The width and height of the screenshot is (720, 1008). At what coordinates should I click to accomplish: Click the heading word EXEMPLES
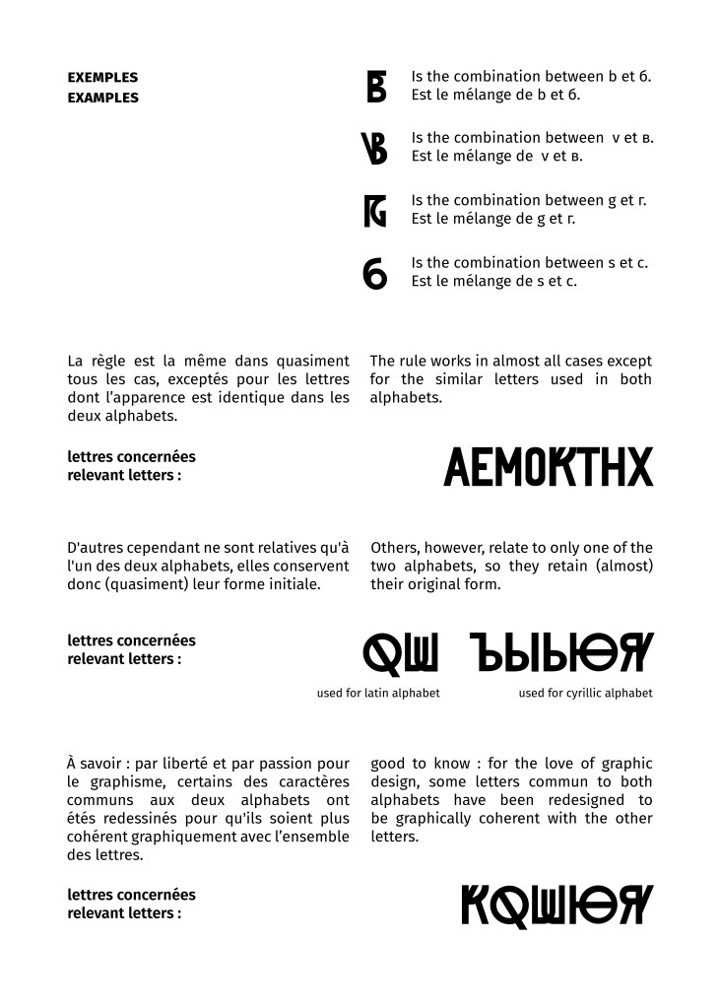102,77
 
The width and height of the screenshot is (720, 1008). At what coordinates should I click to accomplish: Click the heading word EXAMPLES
102,98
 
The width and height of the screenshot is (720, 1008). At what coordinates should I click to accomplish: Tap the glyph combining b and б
376,86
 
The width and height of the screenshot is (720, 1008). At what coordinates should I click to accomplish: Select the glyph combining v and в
375,148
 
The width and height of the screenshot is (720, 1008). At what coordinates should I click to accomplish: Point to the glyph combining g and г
375,210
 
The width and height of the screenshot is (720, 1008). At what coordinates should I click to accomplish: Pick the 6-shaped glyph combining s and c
375,273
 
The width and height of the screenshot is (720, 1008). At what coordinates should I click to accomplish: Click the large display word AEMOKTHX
548,467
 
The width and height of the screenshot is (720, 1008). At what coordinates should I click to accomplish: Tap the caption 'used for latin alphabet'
378,694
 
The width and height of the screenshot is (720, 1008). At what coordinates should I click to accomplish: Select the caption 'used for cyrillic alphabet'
585,694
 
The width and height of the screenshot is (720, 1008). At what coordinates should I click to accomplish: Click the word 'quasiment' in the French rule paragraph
314,362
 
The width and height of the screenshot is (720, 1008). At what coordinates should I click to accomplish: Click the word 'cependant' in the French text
169,548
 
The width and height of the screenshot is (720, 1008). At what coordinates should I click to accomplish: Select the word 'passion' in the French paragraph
293,764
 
